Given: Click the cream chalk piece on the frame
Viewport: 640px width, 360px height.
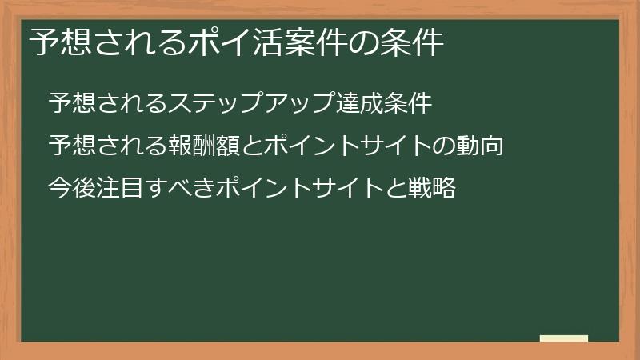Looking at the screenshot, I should click(x=564, y=338).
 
